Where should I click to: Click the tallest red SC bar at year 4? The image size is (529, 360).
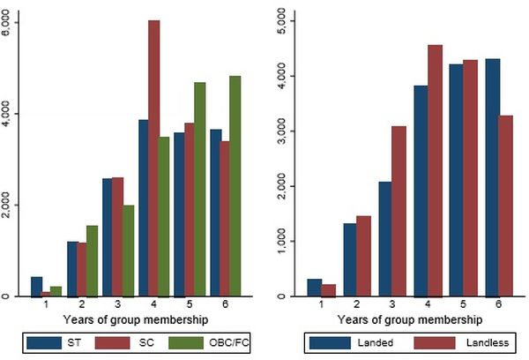coord(154,159)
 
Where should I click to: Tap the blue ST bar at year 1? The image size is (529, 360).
coord(36,287)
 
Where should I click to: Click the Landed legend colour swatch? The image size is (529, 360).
coord(326,341)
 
